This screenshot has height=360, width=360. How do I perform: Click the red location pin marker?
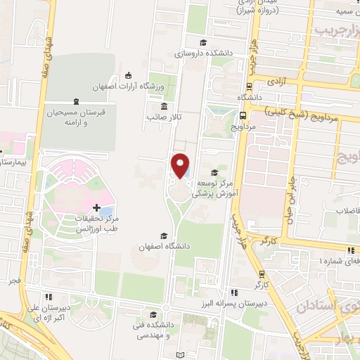(181, 165)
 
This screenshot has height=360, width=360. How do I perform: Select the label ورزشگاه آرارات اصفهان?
(131, 86)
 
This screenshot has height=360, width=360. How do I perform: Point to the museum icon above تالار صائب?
(164, 106)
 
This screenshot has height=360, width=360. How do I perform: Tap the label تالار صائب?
(163, 117)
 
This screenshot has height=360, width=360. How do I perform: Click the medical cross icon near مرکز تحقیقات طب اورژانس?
(97, 207)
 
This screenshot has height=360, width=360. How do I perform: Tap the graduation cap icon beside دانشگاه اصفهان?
(165, 236)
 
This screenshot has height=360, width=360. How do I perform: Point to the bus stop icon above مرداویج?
(243, 117)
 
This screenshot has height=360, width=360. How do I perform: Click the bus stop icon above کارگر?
(262, 274)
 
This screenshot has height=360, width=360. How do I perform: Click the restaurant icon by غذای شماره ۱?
(350, 250)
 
